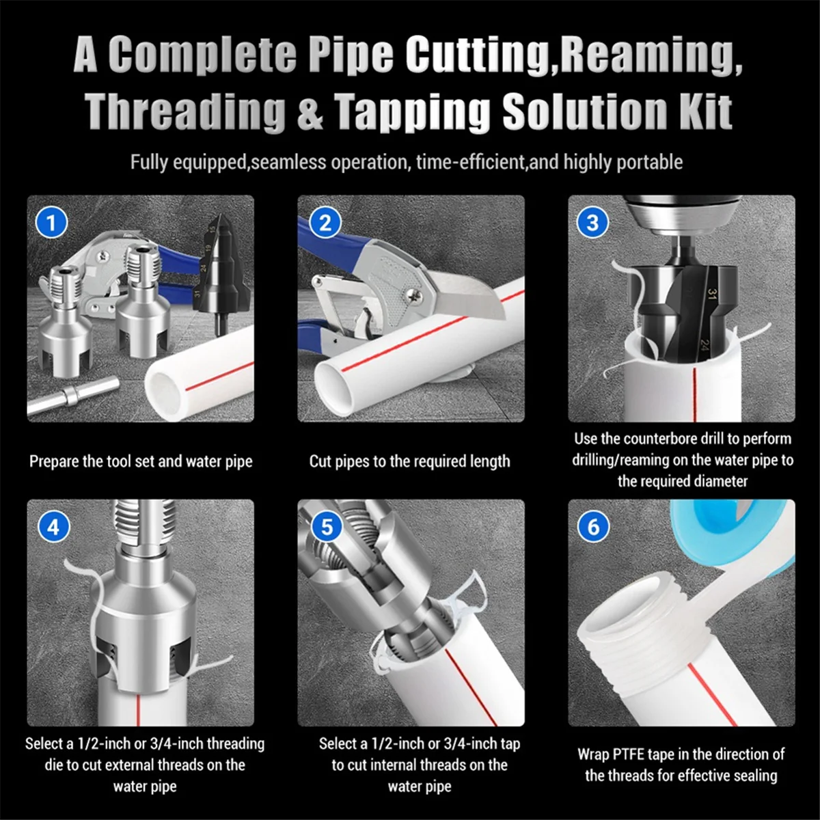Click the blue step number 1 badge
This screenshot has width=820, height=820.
point(51,223)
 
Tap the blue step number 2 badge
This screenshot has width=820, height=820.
point(325,223)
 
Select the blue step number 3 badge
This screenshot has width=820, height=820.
point(592,223)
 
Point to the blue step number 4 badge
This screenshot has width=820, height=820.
point(53,527)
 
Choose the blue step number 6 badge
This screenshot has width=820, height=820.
point(592,527)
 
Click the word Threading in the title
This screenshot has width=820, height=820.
point(185,111)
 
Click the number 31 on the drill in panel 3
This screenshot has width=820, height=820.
point(711,295)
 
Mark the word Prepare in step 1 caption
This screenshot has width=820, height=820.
point(54,462)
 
